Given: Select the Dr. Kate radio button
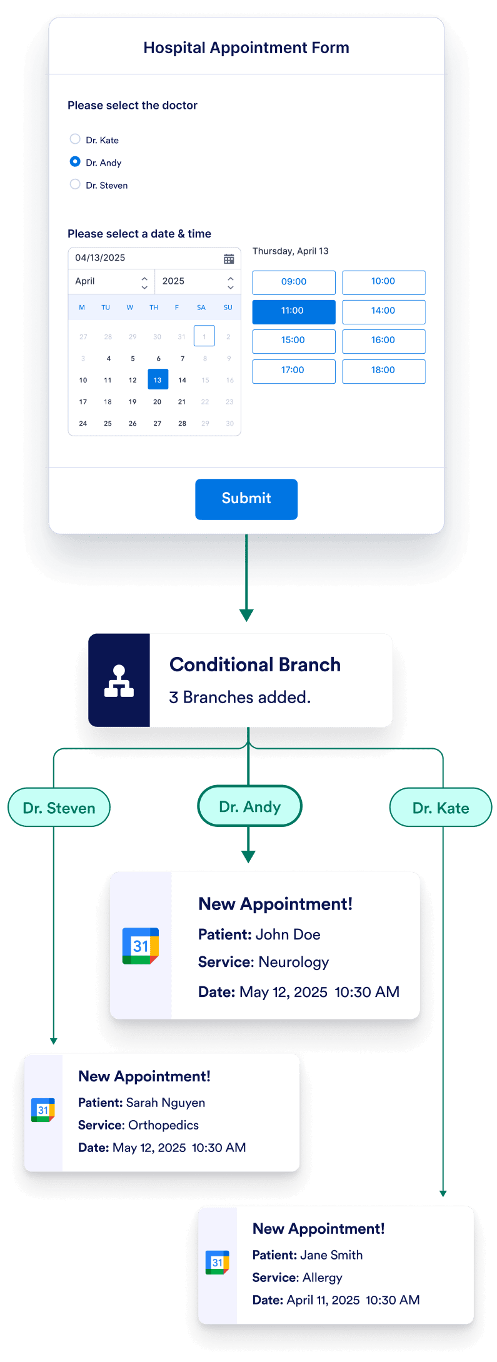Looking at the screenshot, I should click(75, 139).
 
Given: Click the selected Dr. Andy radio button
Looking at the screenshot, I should click(75, 161).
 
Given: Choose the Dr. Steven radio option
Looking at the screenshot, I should click(75, 184).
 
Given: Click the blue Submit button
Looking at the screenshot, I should click(246, 499).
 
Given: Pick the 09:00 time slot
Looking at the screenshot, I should click(293, 282).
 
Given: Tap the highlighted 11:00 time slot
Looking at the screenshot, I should click(293, 311).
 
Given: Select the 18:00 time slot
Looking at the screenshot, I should click(383, 371).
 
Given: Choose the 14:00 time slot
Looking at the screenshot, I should click(383, 311).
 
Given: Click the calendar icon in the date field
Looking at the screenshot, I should click(229, 259).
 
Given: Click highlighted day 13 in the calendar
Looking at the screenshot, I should click(158, 379).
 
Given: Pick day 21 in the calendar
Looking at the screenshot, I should click(182, 402).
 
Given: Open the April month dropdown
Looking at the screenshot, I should click(111, 282).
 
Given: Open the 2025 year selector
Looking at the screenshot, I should click(198, 282).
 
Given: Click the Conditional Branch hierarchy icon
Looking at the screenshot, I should click(119, 681).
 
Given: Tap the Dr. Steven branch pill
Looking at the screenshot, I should click(59, 808).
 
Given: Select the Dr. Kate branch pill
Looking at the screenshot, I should click(440, 808).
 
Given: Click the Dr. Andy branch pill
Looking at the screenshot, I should click(249, 806).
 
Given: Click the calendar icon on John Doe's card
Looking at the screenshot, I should click(141, 946).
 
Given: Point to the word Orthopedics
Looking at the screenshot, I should click(163, 1125).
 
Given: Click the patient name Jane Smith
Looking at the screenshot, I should click(331, 1255).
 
